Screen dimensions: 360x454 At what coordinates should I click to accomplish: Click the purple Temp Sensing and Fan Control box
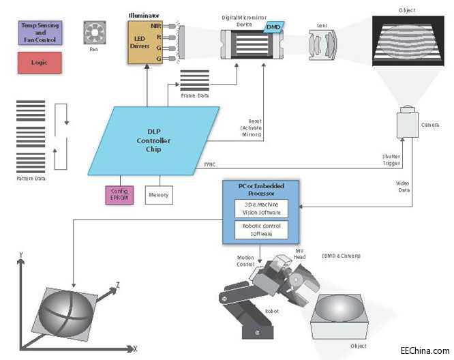pyautogui.click(x=40, y=33)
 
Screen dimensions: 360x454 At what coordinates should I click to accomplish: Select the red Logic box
pyautogui.click(x=40, y=63)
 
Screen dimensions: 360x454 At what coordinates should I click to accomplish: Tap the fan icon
pyautogui.click(x=93, y=33)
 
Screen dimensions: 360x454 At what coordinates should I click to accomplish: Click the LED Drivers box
pyautogui.click(x=146, y=42)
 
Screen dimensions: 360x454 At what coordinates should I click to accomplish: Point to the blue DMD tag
pyautogui.click(x=273, y=25)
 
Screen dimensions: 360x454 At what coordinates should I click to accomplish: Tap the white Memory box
pyautogui.click(x=158, y=195)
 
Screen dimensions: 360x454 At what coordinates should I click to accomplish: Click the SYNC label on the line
pyautogui.click(x=210, y=164)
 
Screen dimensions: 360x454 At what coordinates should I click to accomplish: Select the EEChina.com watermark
pyautogui.click(x=424, y=348)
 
